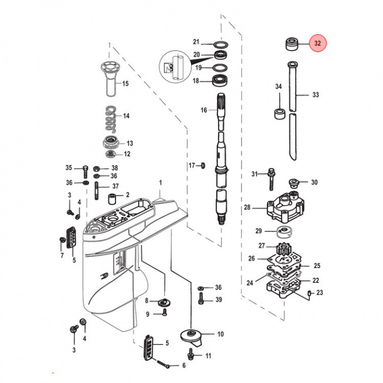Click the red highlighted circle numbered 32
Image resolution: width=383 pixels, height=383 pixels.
tap(318, 44)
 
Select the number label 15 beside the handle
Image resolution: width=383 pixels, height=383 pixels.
tap(126, 84)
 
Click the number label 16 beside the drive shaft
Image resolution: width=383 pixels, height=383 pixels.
tap(204, 110)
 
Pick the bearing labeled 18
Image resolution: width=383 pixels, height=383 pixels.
tap(219, 81)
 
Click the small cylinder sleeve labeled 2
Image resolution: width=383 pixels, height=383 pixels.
tap(113, 200)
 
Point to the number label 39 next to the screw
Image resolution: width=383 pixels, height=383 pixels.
tap(218, 300)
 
